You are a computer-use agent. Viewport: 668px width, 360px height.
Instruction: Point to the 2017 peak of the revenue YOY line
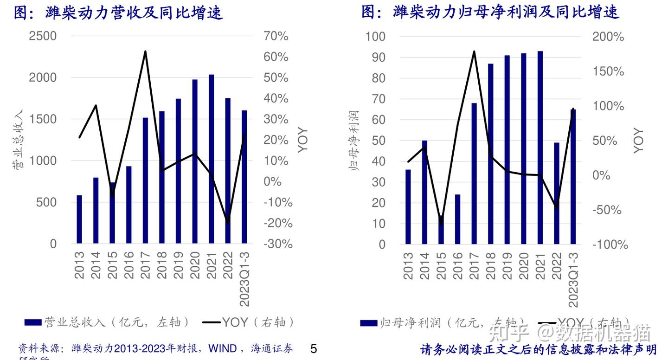[145, 51]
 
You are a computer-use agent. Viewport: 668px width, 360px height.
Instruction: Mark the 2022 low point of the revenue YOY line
[227, 223]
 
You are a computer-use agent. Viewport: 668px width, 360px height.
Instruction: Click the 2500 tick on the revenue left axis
[43, 36]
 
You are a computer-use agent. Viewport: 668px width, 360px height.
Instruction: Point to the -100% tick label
[610, 245]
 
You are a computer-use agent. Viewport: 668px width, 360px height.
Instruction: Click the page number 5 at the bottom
[314, 348]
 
